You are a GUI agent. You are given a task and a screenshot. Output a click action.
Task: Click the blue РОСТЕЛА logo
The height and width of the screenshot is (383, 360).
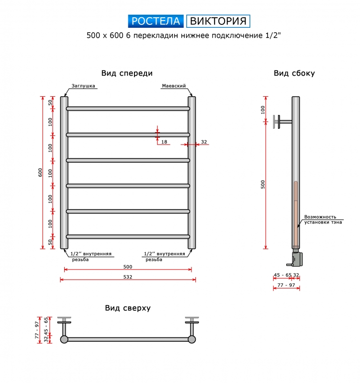156,21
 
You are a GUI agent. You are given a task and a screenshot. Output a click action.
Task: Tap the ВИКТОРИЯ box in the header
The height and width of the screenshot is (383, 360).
218,21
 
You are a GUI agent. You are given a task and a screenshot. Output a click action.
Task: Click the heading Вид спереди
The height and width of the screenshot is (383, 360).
127,73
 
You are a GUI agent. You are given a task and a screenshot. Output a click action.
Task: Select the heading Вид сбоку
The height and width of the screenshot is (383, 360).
294,73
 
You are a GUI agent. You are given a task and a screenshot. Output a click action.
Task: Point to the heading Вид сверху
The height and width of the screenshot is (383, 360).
128,308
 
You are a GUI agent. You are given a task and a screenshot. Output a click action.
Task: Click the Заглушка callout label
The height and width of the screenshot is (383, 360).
83,86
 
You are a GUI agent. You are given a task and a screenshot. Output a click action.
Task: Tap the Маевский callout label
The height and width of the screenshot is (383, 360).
174,86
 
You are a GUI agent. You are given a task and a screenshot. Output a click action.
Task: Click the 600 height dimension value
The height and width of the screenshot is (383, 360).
40,172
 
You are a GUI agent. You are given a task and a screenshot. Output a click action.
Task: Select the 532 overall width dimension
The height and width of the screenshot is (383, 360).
128,277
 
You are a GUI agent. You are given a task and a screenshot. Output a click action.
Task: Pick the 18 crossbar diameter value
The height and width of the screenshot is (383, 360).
164,142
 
